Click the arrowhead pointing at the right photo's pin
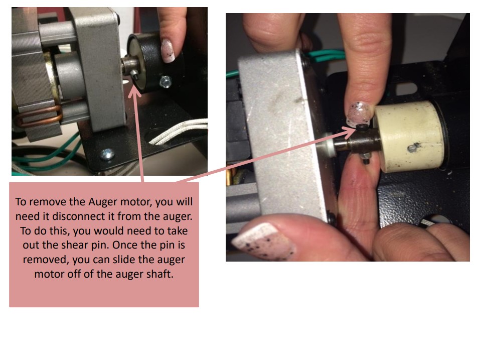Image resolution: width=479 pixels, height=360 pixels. point(351,132)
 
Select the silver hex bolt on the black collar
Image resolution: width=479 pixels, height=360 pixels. point(165,80)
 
